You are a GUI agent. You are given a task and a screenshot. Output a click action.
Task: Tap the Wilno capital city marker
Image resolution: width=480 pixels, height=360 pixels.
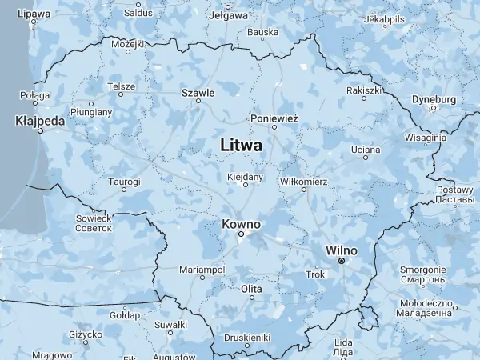click(342, 261)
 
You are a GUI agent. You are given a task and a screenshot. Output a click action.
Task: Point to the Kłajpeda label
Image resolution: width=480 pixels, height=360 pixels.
click(39, 121)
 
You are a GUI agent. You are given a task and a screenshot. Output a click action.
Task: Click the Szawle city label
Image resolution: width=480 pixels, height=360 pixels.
click(198, 93)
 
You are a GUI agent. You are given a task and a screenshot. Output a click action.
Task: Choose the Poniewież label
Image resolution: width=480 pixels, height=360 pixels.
click(274, 118)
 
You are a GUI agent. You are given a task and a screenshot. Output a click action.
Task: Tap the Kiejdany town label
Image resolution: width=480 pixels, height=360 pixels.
click(245, 176)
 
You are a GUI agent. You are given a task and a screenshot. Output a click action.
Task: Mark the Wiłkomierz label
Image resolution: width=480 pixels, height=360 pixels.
click(304, 182)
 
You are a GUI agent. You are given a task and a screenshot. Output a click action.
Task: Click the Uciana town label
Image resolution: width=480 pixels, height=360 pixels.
click(366, 150)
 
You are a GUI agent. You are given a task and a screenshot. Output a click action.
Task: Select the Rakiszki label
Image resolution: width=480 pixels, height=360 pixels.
click(364, 90)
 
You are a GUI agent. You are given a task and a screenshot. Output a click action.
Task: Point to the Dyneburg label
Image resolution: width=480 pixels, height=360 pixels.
click(434, 99)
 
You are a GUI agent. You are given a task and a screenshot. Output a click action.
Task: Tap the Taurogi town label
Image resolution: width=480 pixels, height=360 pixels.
click(124, 182)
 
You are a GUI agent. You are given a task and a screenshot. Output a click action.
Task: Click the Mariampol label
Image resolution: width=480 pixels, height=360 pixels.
click(202, 270)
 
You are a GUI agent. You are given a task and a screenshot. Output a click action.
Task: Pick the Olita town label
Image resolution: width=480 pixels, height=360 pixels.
click(252, 288)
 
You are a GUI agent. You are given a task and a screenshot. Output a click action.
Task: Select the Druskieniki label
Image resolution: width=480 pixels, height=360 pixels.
click(248, 337)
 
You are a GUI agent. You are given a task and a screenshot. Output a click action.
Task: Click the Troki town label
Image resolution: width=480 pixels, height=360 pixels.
click(317, 274)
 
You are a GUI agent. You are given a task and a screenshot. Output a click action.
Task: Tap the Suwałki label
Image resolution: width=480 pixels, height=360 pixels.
click(170, 324)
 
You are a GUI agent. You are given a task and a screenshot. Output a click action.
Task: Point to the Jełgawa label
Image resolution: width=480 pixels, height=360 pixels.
click(226, 15)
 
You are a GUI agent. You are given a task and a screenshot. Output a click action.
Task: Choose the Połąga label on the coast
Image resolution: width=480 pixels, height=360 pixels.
click(35, 95)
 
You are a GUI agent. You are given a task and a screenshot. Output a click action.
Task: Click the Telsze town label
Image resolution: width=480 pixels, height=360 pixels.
click(121, 86)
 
